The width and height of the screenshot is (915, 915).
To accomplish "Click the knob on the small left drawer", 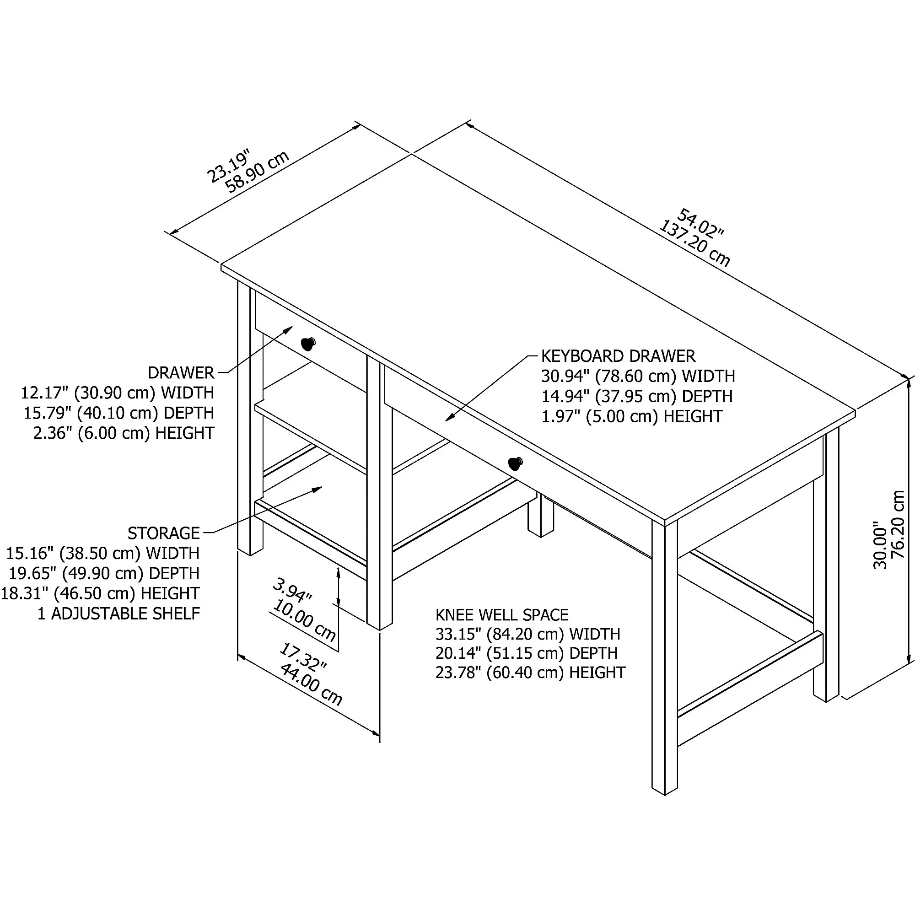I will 308,344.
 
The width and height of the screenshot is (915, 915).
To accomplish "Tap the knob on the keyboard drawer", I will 515,463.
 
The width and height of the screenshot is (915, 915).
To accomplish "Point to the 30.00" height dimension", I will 879,544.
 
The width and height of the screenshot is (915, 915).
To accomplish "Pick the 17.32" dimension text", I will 302,657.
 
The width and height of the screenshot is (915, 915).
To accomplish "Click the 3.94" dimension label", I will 292,591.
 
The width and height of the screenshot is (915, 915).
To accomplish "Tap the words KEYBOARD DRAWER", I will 618,355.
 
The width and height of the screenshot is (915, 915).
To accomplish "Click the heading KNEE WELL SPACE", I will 501,615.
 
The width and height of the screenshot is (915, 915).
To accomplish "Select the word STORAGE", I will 163,533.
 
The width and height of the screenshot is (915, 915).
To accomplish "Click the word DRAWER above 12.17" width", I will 181,373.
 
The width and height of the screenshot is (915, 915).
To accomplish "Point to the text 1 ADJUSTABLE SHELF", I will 118,614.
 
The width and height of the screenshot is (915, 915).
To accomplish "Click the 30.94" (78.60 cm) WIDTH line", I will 638,376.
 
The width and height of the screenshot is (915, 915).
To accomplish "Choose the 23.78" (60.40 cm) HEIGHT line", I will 530,672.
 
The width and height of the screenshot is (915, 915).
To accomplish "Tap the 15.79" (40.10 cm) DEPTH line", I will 118,413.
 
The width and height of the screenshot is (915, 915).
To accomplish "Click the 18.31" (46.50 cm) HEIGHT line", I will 100,593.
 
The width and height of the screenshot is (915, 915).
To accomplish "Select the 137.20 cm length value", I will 694,244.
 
